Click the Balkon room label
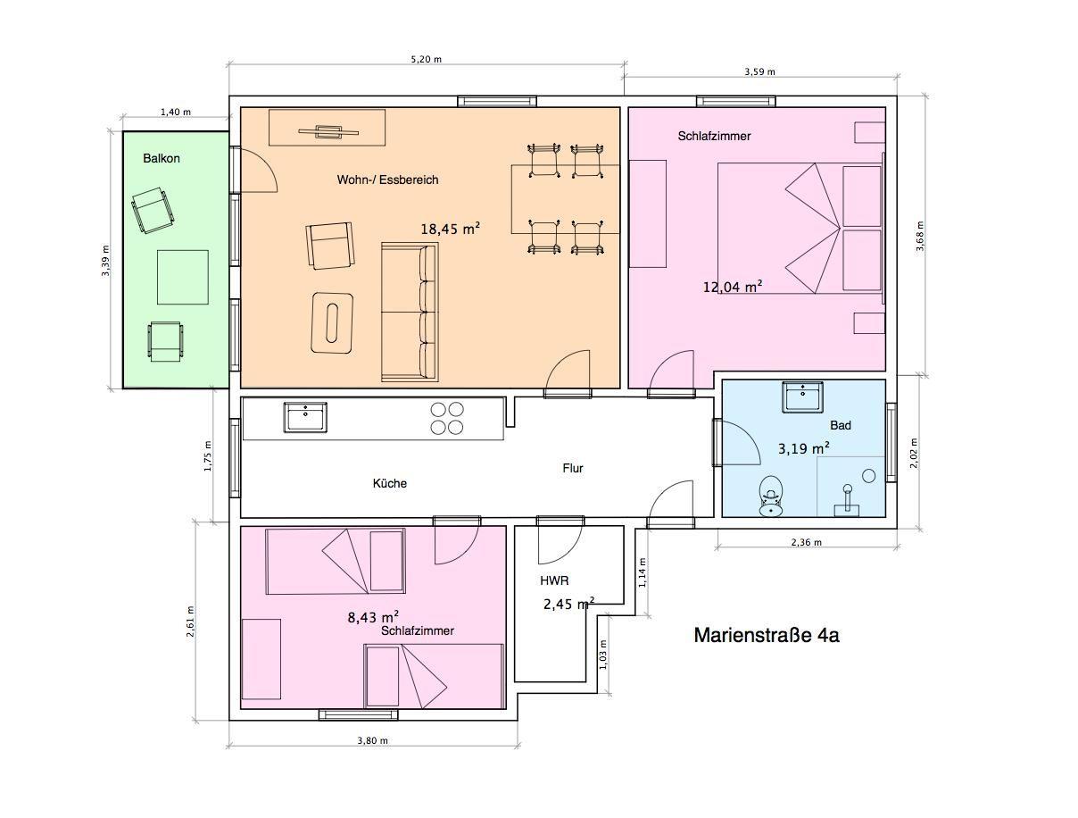(x=162, y=158)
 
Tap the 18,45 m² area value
(x=450, y=229)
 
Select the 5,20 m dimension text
(x=427, y=60)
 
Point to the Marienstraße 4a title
(x=767, y=635)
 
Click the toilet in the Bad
(x=770, y=496)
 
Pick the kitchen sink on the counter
(x=305, y=417)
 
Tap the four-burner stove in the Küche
(x=447, y=418)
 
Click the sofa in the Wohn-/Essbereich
(x=410, y=312)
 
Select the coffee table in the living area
(x=332, y=322)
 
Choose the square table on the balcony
(x=183, y=277)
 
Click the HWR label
(x=554, y=580)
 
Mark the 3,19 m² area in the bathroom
(x=804, y=448)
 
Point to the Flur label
(x=573, y=468)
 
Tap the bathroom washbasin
(x=802, y=396)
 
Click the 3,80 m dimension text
(x=373, y=740)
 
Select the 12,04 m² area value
(x=733, y=287)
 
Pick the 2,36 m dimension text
(x=807, y=542)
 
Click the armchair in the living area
(x=330, y=246)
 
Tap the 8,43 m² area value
(x=373, y=616)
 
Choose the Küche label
(x=389, y=483)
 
